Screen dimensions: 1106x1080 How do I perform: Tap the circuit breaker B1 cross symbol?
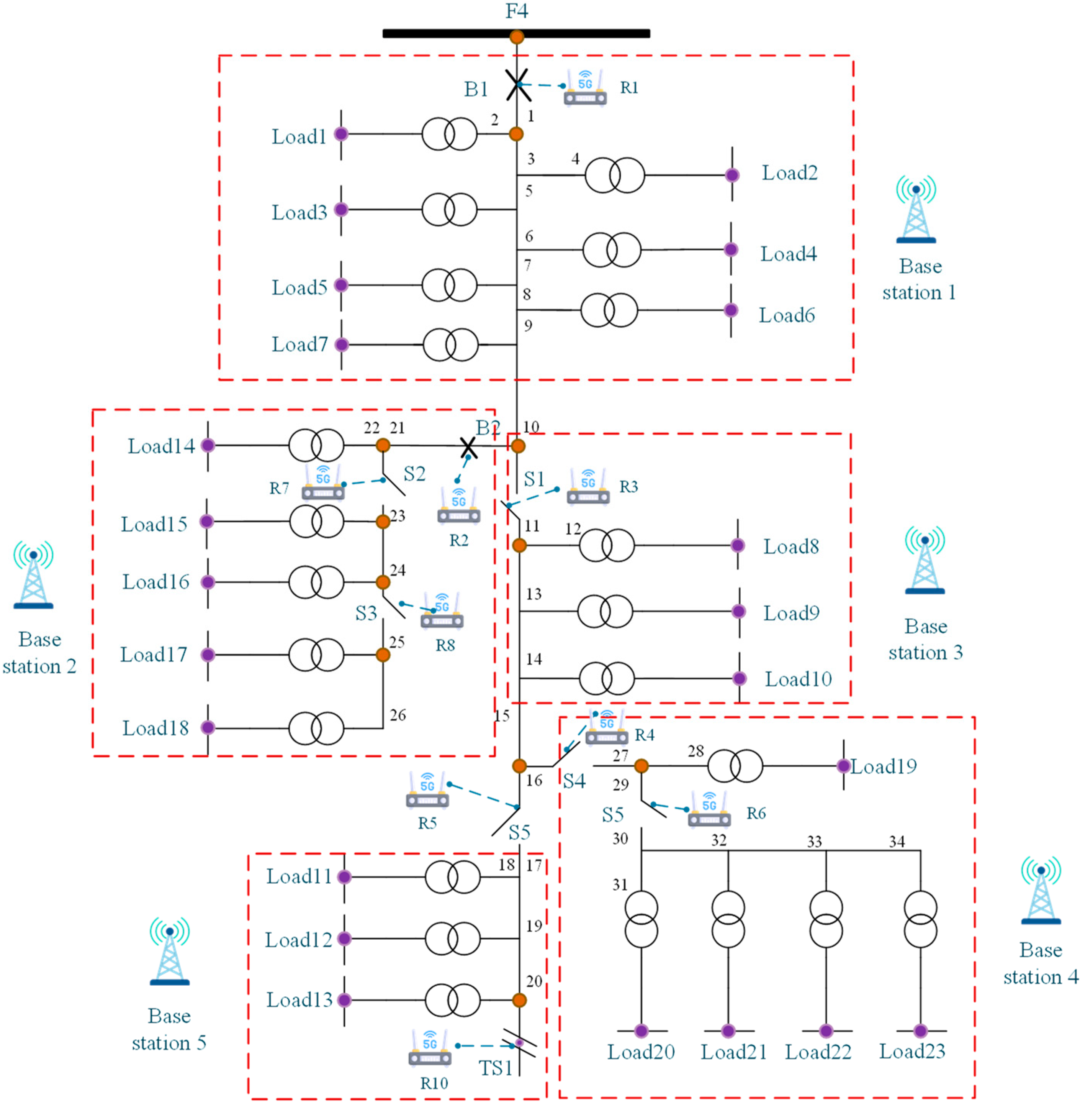coord(517,85)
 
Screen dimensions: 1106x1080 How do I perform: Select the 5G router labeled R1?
coord(585,89)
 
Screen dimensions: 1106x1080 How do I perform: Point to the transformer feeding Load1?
coord(449,134)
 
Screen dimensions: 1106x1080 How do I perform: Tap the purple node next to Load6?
coord(731,310)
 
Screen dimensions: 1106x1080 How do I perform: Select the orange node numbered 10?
coord(518,446)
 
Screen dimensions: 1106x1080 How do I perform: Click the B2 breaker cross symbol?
coord(468,448)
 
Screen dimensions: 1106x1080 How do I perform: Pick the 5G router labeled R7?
coord(323,484)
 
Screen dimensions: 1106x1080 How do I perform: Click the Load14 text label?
coord(161,446)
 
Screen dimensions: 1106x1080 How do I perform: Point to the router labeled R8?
coord(442,611)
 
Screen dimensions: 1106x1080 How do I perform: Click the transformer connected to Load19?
coord(735,766)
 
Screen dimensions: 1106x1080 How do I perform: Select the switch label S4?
coord(574,781)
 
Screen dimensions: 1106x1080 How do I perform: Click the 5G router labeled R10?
coord(430,1048)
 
